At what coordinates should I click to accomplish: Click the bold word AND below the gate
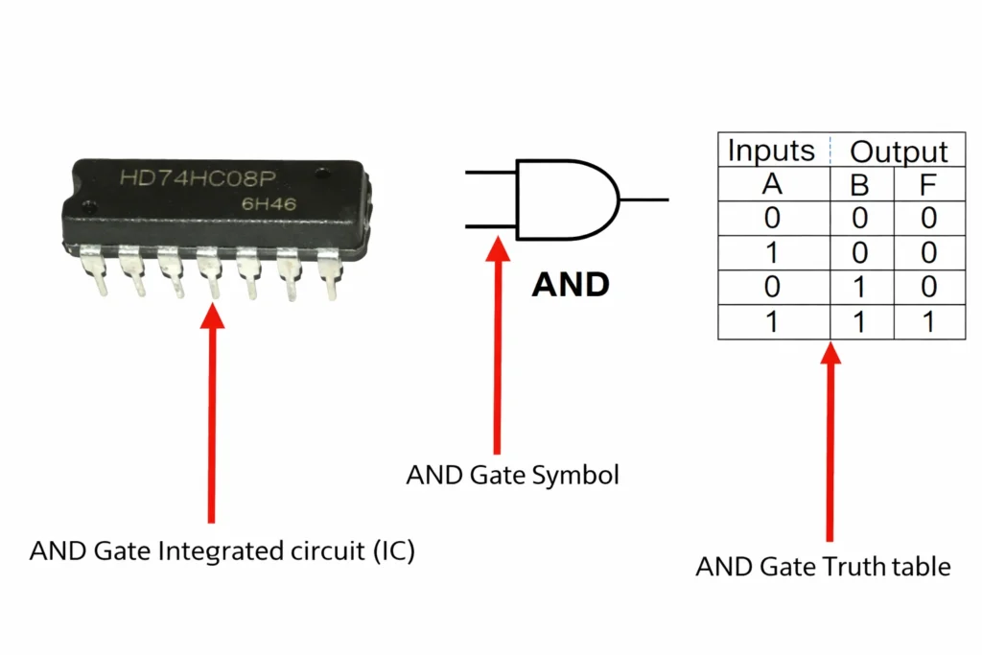click(571, 285)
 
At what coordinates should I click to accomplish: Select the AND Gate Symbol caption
click(512, 475)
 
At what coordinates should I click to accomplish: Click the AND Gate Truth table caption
click(823, 567)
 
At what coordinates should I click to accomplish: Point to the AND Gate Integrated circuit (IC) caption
click(222, 551)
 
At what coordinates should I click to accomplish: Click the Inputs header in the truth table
click(771, 151)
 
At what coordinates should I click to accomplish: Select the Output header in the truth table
click(899, 152)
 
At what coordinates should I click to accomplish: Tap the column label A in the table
click(772, 185)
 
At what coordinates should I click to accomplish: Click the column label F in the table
click(927, 185)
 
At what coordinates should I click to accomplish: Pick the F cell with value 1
click(927, 322)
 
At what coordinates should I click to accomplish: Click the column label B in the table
click(859, 185)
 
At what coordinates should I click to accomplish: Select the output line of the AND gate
click(644, 200)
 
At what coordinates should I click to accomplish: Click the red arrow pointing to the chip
click(211, 412)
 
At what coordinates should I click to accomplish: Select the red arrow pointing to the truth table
click(830, 441)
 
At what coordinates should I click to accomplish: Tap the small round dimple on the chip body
click(89, 205)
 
